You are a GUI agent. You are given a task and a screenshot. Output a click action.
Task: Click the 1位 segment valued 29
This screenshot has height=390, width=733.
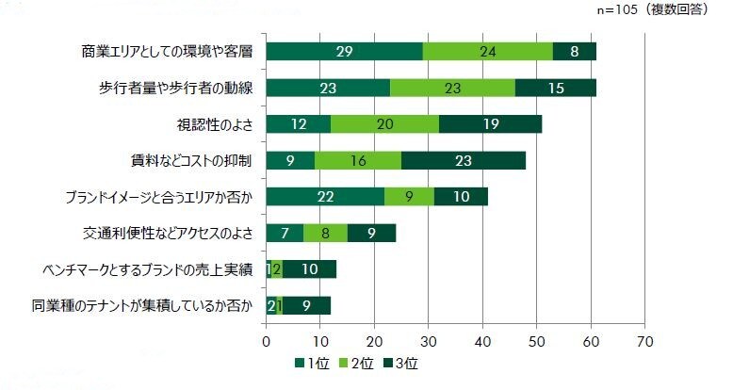click(345, 52)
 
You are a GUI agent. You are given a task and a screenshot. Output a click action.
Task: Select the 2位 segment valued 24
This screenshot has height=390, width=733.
click(488, 52)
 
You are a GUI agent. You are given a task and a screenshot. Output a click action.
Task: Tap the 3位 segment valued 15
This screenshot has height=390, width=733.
click(556, 89)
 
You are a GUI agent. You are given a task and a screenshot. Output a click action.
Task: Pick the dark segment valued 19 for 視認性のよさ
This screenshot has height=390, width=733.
click(490, 124)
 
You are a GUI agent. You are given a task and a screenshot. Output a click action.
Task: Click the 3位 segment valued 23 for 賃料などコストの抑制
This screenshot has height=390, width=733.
click(464, 161)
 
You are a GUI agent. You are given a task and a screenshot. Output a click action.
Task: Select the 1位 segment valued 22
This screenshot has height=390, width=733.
click(326, 197)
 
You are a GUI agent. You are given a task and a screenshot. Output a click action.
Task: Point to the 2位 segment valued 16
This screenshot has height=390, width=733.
click(358, 161)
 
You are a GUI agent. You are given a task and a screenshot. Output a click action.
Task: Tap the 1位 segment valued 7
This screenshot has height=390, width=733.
click(285, 233)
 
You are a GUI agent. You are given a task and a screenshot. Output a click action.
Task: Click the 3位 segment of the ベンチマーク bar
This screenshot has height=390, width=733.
click(309, 269)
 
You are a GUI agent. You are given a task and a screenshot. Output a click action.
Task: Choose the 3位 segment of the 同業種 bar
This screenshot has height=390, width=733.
click(307, 305)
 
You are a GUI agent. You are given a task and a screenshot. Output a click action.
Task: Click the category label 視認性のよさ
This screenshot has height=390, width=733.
click(214, 124)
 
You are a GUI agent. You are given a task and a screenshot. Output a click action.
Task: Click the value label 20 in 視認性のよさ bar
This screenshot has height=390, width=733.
click(384, 124)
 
